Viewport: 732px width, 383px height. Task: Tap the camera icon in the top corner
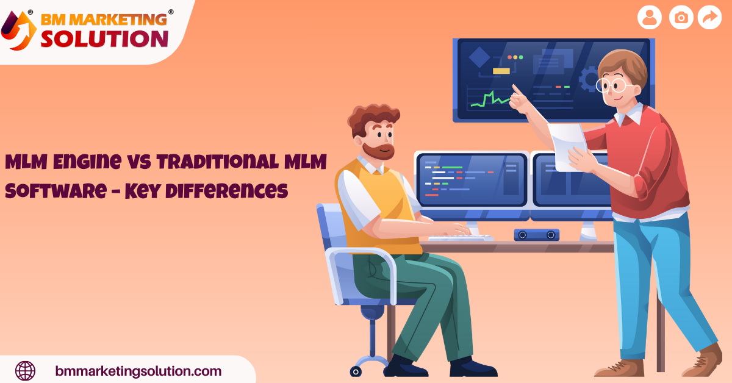point(681,18)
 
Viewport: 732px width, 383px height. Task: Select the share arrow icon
point(709,18)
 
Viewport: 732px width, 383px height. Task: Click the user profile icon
point(650,18)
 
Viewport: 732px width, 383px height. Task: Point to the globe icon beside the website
point(25,370)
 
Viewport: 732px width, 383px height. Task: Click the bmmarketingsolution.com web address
point(138,371)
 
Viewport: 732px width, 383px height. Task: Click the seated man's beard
point(375,149)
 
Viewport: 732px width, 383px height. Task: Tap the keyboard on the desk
point(461,237)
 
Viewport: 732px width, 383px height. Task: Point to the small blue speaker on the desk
point(536,234)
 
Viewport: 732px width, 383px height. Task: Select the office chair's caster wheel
point(356,370)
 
